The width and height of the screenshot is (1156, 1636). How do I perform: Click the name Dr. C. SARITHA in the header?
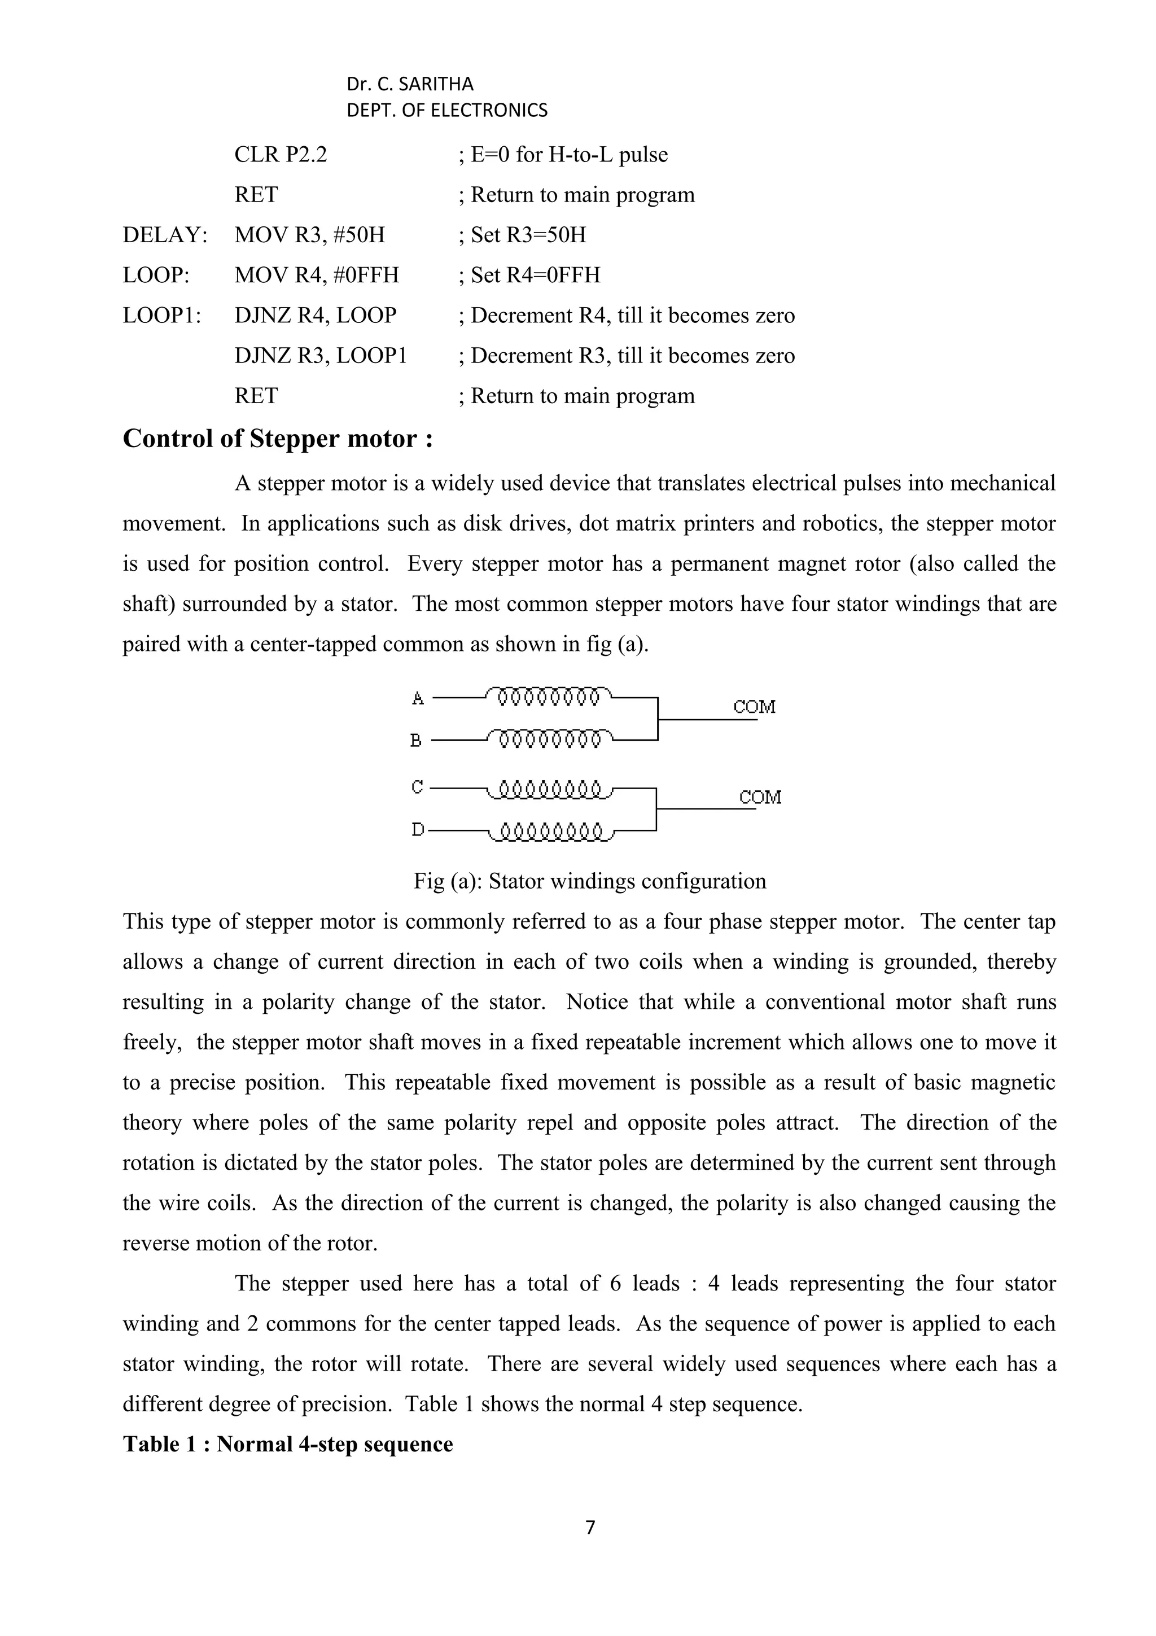pyautogui.click(x=410, y=84)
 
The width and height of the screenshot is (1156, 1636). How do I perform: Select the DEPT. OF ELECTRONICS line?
pyautogui.click(x=446, y=111)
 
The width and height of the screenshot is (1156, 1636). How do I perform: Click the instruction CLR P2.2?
pyautogui.click(x=281, y=155)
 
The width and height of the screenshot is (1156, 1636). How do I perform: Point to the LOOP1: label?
pyautogui.click(x=161, y=315)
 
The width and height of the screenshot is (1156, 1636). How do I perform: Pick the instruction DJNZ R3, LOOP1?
pyautogui.click(x=321, y=356)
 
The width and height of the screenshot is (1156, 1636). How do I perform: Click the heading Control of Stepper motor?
pyautogui.click(x=277, y=438)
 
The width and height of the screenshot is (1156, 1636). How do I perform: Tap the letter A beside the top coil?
pyautogui.click(x=418, y=698)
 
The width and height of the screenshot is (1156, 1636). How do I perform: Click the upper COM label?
pyautogui.click(x=754, y=707)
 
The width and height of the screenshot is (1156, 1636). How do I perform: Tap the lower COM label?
pyautogui.click(x=760, y=797)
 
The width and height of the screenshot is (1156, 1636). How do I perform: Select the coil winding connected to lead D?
pyautogui.click(x=550, y=832)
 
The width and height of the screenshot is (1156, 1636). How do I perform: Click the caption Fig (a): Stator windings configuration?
pyautogui.click(x=590, y=881)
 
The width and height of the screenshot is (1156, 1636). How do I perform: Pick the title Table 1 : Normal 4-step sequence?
pyautogui.click(x=288, y=1444)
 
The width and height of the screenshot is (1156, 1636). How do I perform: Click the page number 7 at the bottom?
pyautogui.click(x=590, y=1527)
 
